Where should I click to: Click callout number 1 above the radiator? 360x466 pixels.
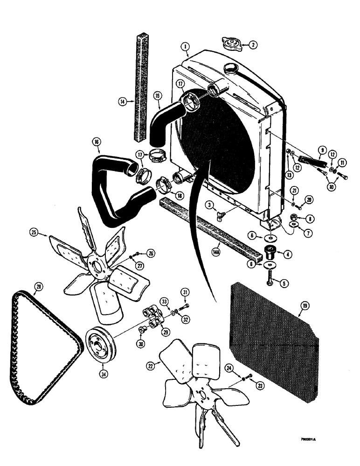[x=185, y=47]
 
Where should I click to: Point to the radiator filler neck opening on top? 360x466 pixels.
[x=231, y=68]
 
